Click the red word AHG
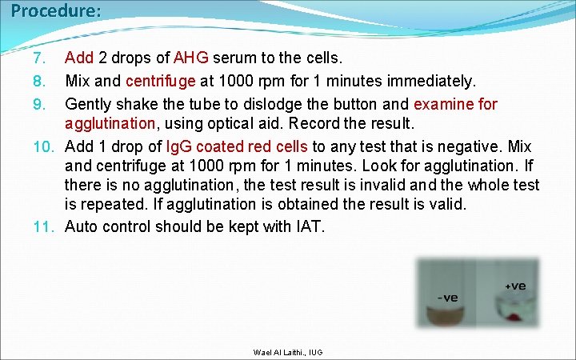(x=191, y=58)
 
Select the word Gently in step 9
(x=89, y=105)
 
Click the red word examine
(x=443, y=105)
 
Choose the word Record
(x=316, y=124)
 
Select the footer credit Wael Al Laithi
(x=277, y=352)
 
